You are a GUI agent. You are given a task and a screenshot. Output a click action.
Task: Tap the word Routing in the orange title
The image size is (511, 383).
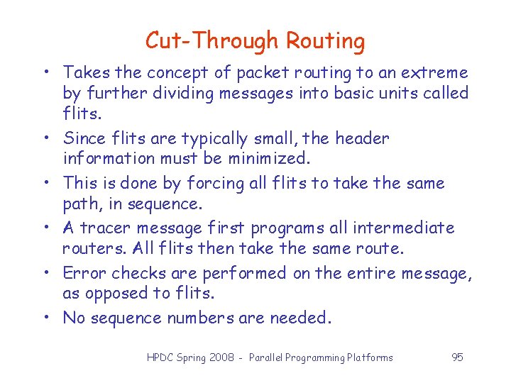pyautogui.click(x=326, y=41)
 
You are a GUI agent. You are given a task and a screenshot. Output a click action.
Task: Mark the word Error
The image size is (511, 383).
pyautogui.click(x=84, y=273)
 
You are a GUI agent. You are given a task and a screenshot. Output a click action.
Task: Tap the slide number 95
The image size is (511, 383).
pyautogui.click(x=457, y=357)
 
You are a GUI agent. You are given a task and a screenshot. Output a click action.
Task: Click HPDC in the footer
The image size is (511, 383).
pyautogui.click(x=160, y=357)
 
